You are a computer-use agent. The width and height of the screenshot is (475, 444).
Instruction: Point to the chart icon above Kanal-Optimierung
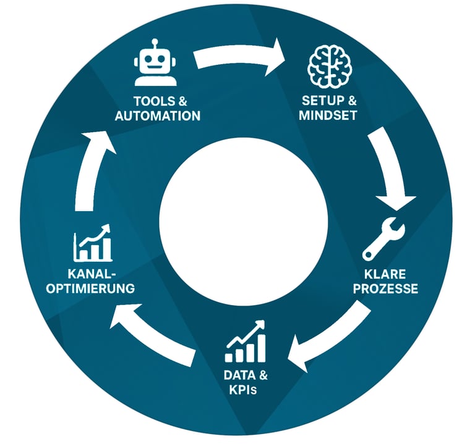[93, 243]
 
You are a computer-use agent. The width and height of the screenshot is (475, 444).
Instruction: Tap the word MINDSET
[328, 115]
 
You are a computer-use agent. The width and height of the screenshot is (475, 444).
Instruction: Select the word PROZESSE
[390, 288]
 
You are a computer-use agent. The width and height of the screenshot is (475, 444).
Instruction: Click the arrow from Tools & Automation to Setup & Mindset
[238, 59]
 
